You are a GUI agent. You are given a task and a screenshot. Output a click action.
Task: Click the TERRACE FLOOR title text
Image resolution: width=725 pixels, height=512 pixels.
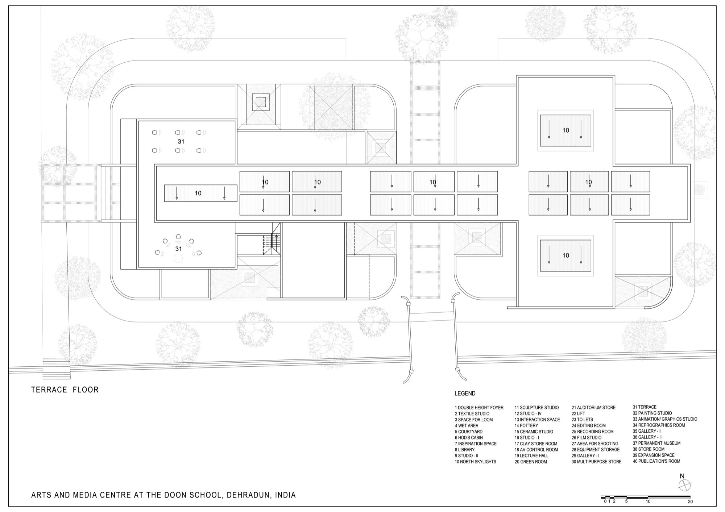pyautogui.click(x=65, y=390)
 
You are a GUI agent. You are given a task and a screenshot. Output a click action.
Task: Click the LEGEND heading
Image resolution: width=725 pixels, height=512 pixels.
pyautogui.click(x=465, y=394)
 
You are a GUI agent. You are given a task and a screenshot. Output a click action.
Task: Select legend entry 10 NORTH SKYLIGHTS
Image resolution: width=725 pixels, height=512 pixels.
pyautogui.click(x=475, y=462)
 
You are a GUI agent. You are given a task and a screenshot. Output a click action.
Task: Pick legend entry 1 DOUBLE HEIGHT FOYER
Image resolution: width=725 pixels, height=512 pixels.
pyautogui.click(x=479, y=408)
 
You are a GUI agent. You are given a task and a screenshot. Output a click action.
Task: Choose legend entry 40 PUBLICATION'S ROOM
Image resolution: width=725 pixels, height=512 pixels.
pyautogui.click(x=656, y=461)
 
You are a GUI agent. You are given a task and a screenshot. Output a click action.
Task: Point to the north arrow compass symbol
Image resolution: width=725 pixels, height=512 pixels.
pyautogui.click(x=684, y=485)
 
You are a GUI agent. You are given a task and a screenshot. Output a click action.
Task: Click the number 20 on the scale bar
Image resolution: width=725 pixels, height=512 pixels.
pyautogui.click(x=690, y=502)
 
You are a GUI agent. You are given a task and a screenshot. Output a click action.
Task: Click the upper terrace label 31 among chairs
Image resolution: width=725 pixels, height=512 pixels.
pyautogui.click(x=181, y=142)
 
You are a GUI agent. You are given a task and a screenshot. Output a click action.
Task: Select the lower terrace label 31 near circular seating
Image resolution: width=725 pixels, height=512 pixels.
pyautogui.click(x=178, y=249)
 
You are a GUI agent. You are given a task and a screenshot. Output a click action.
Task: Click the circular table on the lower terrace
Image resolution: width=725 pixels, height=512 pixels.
pyautogui.click(x=178, y=258)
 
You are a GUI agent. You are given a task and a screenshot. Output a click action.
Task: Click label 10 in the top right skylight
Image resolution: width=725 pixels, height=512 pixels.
pyautogui.click(x=565, y=130)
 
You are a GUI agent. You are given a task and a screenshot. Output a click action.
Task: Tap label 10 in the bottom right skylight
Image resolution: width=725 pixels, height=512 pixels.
pyautogui.click(x=565, y=255)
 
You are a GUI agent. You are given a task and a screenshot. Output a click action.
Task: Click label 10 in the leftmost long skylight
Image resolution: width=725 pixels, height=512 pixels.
pyautogui.click(x=198, y=193)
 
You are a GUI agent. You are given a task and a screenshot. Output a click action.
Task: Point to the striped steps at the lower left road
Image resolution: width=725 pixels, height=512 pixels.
pyautogui.click(x=57, y=369)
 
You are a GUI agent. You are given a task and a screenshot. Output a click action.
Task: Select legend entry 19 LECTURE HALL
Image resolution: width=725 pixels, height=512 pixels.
pyautogui.click(x=531, y=455)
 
